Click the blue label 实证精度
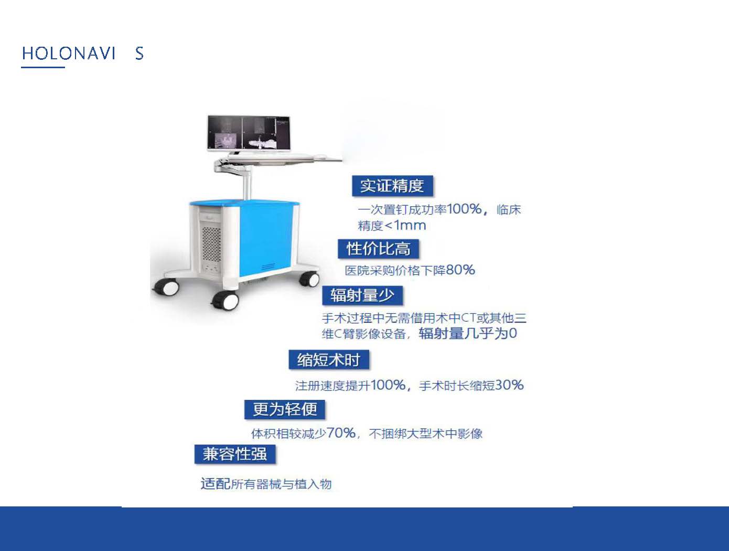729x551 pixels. coord(392,185)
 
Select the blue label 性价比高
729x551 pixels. coord(378,249)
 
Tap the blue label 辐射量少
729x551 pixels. coord(362,295)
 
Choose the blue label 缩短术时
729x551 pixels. coord(329,359)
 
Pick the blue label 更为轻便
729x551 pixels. coord(285,409)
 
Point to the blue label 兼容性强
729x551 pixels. coord(235,454)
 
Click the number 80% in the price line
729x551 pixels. coord(460,270)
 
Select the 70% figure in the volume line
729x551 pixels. coord(341,433)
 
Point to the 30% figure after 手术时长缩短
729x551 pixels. coord(509,385)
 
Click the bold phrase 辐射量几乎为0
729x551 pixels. coord(468,333)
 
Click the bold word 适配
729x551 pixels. coord(215,483)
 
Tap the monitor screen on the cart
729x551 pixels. coord(249,133)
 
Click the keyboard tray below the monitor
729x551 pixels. coord(282,157)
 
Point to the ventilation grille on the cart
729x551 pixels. coord(211,244)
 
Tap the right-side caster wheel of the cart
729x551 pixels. coord(309,279)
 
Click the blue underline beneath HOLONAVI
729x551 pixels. coord(43,67)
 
